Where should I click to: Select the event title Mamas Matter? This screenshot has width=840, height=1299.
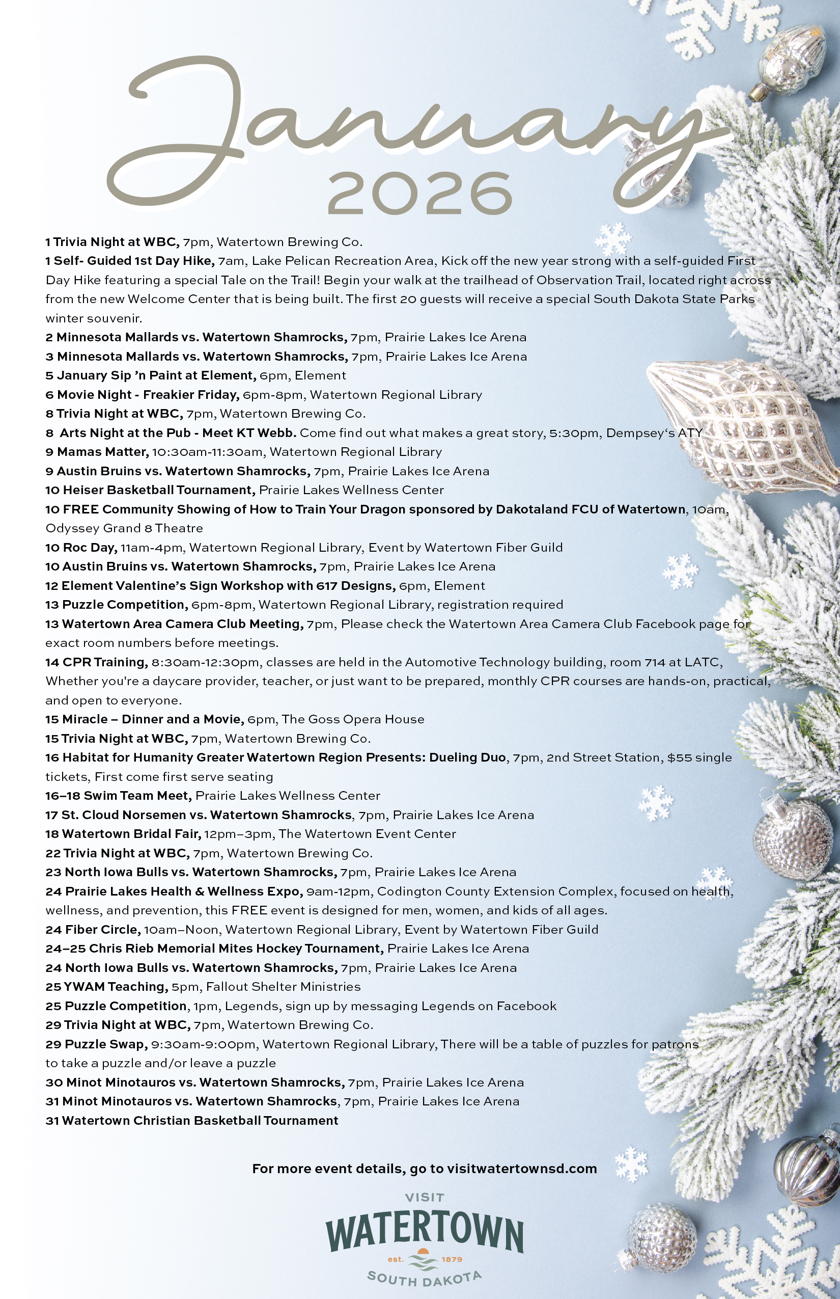coord(102,452)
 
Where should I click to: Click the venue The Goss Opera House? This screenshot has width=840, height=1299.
coord(353,719)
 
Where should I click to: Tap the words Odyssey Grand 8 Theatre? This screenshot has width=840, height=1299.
coord(124,528)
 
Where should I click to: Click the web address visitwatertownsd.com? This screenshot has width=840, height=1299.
coord(521,1169)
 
